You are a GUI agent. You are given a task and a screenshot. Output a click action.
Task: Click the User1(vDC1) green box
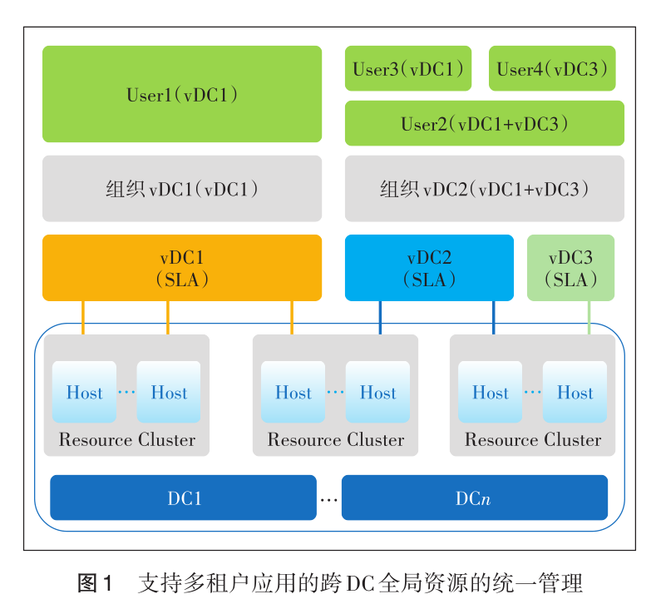[182, 94]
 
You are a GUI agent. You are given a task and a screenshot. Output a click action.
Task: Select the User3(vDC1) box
[408, 68]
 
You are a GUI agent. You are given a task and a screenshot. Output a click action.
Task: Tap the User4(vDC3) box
[552, 68]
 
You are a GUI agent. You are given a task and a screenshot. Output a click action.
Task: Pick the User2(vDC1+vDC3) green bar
[484, 123]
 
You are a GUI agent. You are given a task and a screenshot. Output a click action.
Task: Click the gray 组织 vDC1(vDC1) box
[182, 189]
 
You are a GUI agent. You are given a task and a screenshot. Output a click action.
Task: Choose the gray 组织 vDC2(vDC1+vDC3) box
[484, 189]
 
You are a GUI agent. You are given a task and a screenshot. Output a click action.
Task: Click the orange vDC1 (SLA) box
[182, 268]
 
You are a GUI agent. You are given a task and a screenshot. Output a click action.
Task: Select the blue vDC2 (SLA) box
[429, 268]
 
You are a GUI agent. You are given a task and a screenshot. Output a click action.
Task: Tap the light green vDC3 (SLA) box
[570, 268]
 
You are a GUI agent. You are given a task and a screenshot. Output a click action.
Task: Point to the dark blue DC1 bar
[184, 498]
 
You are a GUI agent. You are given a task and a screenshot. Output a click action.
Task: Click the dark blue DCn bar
[474, 498]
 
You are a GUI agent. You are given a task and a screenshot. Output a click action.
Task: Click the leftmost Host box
[85, 392]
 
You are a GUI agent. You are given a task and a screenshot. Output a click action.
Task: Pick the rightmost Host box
[575, 392]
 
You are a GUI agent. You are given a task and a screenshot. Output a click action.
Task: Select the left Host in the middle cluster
[293, 392]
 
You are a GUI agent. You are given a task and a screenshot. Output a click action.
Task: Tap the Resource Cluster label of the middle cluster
[335, 440]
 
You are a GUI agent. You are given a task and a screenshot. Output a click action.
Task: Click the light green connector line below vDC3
[589, 317]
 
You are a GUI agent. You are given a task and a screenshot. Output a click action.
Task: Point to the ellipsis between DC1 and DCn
[329, 499]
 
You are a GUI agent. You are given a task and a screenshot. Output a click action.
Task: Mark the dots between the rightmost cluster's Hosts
[532, 393]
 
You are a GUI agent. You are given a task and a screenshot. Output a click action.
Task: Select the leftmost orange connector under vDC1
[83, 317]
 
